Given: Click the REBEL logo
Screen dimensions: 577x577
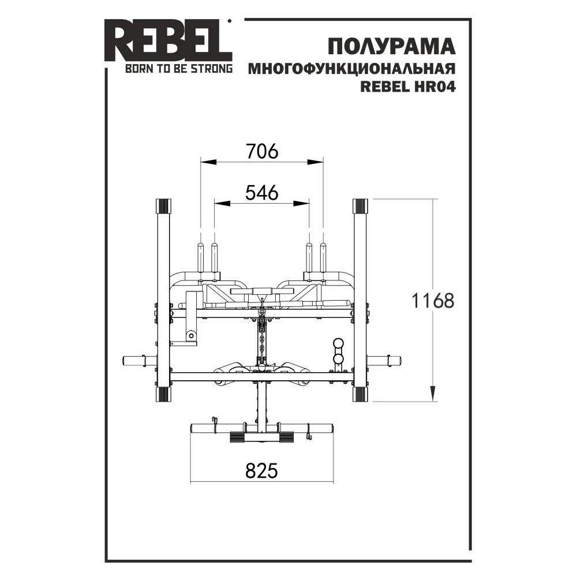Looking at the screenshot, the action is [168, 40].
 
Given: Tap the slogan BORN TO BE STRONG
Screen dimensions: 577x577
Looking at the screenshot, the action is [179, 69].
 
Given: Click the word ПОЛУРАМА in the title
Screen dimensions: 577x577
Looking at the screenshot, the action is [392, 47].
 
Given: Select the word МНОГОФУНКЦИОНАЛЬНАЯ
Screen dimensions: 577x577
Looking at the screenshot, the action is [352, 69].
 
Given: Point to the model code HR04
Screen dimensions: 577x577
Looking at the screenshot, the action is [435, 87].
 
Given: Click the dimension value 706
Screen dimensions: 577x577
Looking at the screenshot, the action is [262, 151].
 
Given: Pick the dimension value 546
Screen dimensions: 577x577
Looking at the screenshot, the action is [262, 193].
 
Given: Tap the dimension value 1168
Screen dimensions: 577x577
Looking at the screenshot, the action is [433, 301].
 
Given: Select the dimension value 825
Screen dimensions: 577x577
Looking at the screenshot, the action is [261, 471].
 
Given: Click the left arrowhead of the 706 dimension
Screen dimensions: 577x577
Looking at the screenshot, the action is [208, 162].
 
